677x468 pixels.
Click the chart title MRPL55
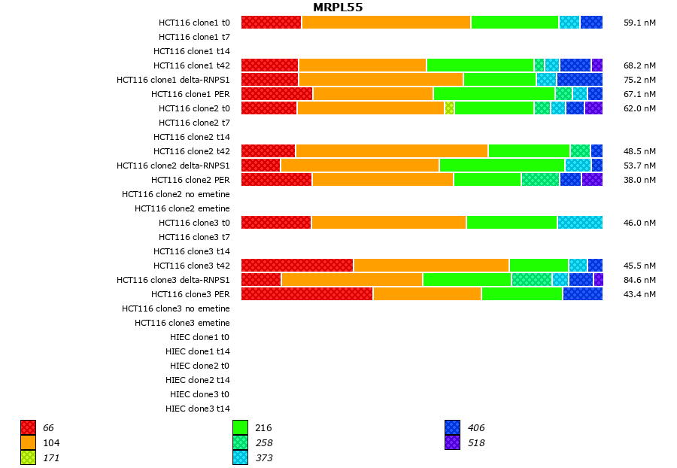coord(338,8)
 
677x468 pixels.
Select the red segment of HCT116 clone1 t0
coord(271,23)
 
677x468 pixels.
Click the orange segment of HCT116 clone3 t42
coord(431,266)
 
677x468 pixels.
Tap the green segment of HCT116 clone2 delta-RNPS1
coord(502,166)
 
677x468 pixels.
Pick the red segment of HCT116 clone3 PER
coord(307,294)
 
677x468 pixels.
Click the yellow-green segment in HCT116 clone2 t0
coord(449,108)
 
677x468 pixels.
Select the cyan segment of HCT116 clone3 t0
coord(579,223)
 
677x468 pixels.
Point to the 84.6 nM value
coord(639,280)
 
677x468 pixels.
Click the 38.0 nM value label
coord(639,180)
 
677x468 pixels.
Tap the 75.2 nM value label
coord(639,80)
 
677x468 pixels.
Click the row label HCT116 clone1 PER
coord(190,94)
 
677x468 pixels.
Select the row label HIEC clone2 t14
coord(198,380)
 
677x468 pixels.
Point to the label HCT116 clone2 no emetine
coord(176,194)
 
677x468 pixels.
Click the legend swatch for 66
coord(28,428)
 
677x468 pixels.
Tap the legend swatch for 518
coord(452,443)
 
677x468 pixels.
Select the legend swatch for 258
coord(240,443)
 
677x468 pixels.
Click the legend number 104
coord(52,443)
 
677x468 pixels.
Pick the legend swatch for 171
coord(28,457)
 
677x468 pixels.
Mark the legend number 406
coord(476,428)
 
